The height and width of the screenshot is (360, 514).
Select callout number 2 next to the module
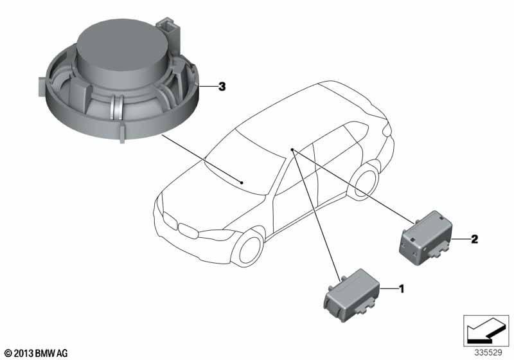click(x=474, y=239)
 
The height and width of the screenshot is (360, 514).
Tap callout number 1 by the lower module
click(x=401, y=289)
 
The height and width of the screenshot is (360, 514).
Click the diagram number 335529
click(x=488, y=353)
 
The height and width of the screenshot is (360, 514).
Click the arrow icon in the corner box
click(x=486, y=330)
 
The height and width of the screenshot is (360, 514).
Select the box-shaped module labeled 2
click(x=426, y=239)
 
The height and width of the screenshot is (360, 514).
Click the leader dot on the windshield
click(x=242, y=183)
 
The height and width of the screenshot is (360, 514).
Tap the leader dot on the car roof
click(x=292, y=150)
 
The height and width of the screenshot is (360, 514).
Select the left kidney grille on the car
click(x=169, y=220)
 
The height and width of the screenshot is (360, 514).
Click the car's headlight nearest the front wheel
click(x=217, y=234)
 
